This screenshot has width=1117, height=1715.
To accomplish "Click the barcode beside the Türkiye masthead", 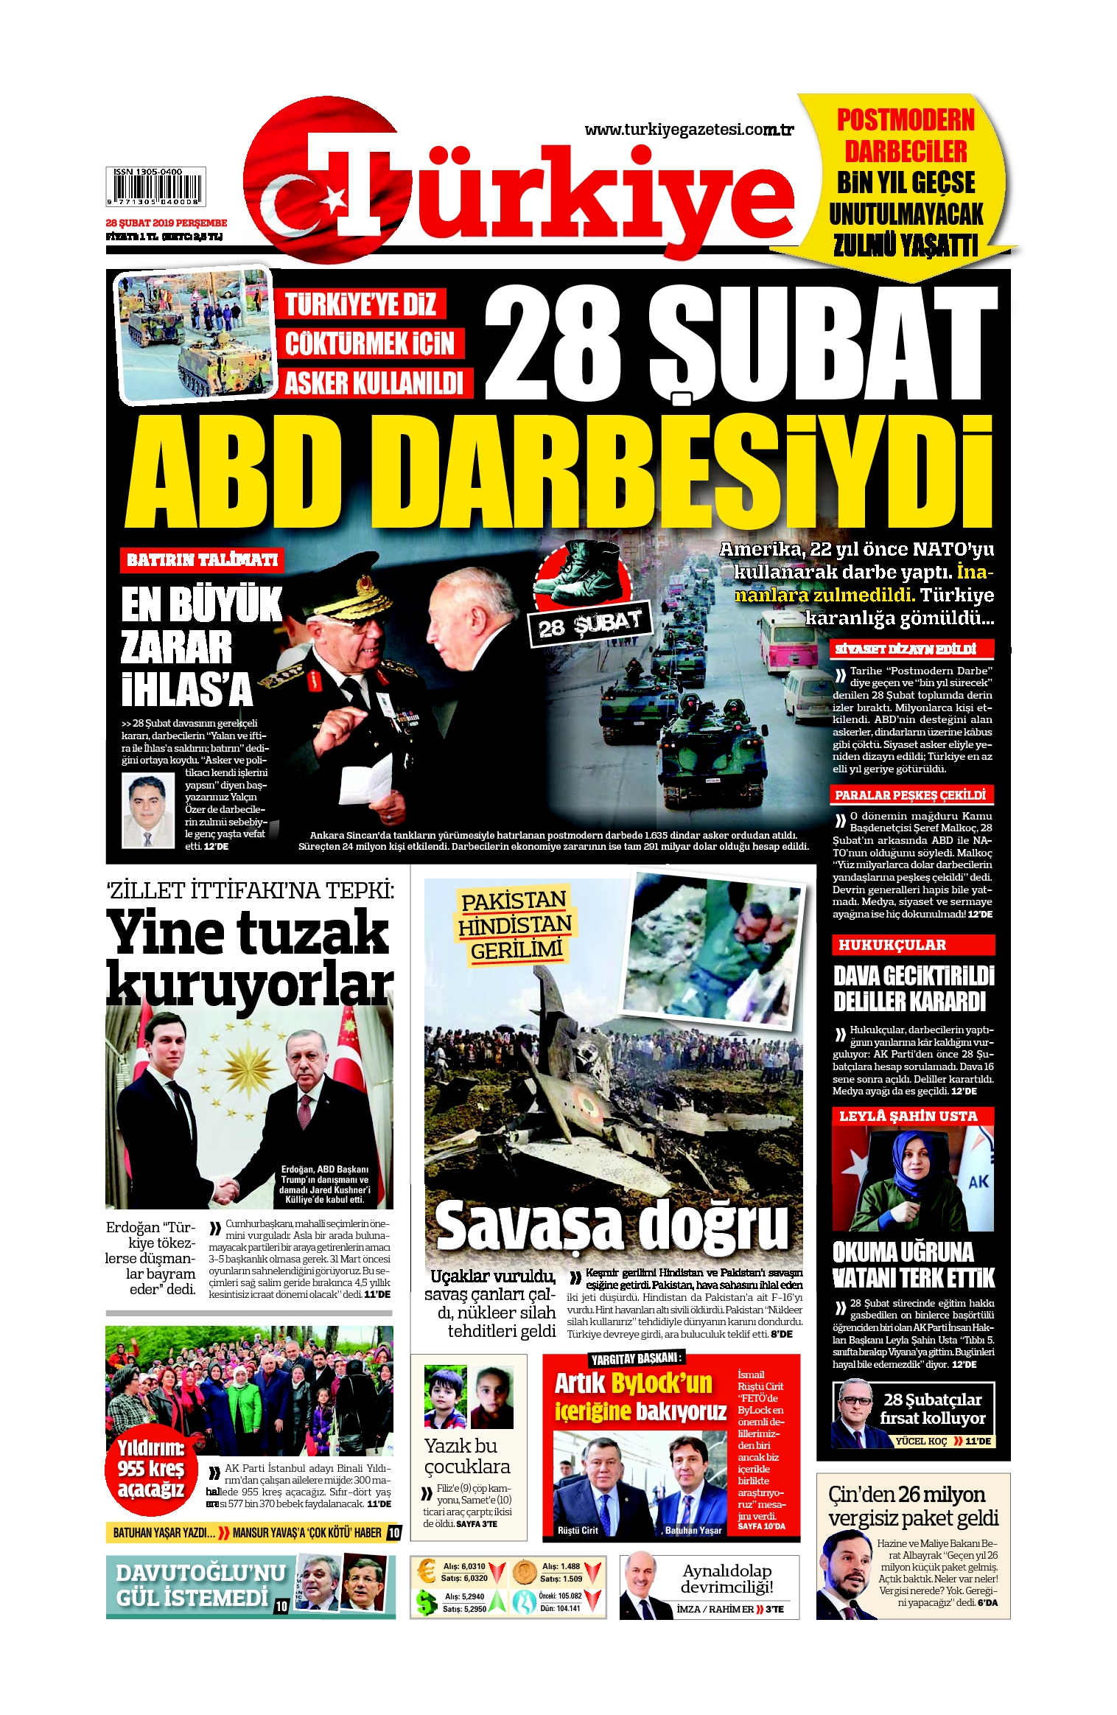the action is click(x=155, y=186).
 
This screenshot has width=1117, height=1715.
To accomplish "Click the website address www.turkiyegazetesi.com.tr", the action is click(x=688, y=130).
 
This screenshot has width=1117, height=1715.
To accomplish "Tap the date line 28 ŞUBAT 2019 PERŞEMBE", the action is click(x=166, y=223).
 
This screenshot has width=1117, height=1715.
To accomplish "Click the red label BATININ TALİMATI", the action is click(x=202, y=560).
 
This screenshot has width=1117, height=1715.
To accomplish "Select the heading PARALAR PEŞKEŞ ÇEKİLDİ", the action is click(x=910, y=794).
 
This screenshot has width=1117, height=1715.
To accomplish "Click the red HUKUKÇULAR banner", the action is click(x=913, y=945).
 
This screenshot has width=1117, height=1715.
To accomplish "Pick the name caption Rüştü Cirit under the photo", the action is click(x=578, y=1530).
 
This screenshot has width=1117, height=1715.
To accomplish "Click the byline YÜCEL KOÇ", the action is click(x=920, y=1441).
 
